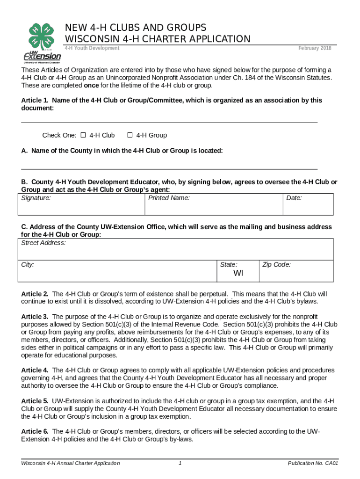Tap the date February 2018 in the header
coord(315,48)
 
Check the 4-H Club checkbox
coord(83,136)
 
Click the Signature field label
coord(36,198)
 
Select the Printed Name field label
coord(169,198)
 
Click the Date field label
coord(294,198)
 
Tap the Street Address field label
coord(43,243)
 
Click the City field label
coord(28,265)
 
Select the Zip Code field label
coord(277,265)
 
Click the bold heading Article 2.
coord(35,294)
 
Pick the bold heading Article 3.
coord(35,317)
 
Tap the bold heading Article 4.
coord(35,370)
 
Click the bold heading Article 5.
coord(35,401)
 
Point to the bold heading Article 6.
coord(35,431)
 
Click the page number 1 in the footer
coord(180,464)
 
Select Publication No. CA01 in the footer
coord(313,464)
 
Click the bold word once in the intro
coord(91,86)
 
